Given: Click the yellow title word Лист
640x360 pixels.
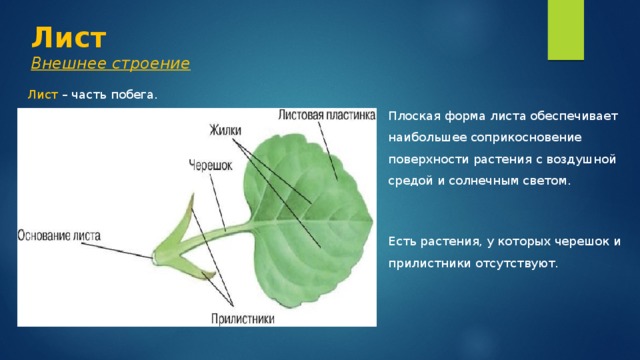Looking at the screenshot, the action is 69,38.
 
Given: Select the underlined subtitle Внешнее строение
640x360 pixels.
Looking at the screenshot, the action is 111,63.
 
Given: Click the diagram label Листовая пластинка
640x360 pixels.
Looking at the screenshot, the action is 327,115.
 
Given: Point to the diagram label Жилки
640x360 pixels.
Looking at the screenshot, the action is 225,130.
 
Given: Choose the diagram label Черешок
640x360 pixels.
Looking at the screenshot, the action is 210,165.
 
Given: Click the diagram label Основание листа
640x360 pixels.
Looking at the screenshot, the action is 59,236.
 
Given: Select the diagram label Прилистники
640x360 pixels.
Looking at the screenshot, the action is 243,319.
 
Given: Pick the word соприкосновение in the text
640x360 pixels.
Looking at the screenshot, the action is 526,138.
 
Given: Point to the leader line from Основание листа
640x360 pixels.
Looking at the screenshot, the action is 117,250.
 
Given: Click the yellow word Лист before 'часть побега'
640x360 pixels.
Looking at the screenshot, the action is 43,95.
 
